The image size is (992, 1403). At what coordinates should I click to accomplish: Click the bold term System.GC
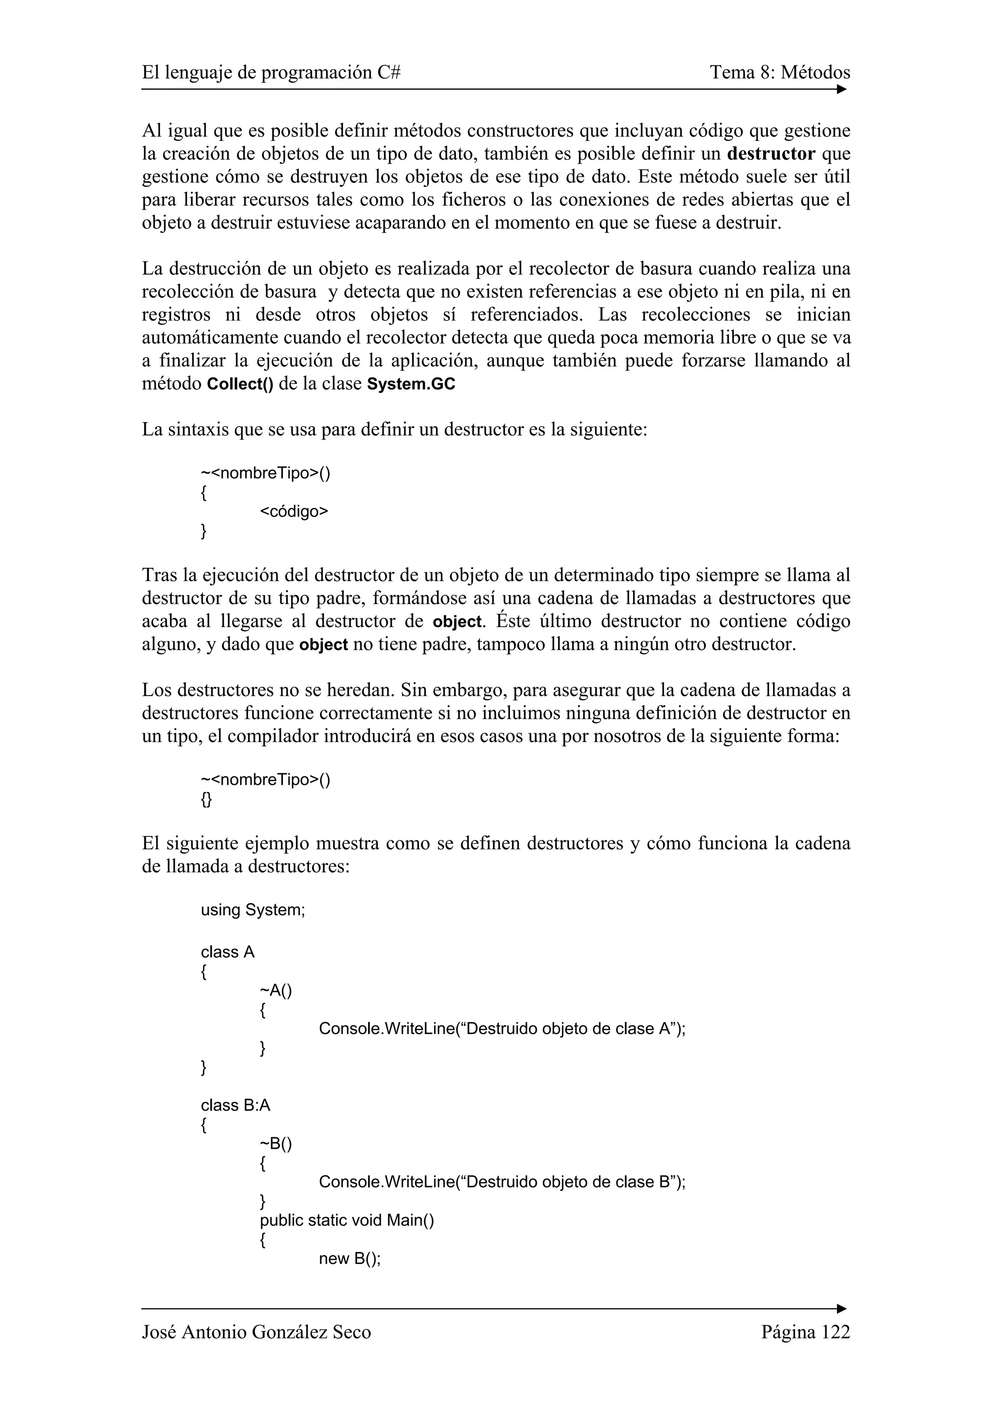[x=411, y=385]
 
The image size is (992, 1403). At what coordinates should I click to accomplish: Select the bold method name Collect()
[x=240, y=385]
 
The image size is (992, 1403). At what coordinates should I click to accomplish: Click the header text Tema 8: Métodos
[x=779, y=73]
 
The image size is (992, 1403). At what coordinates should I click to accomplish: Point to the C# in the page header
[x=389, y=73]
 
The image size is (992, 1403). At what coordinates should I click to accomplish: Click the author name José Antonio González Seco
[x=256, y=1332]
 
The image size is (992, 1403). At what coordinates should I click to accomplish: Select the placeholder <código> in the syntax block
[x=294, y=511]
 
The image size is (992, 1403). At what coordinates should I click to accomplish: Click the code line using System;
[x=252, y=927]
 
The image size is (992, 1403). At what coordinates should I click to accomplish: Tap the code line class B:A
[x=235, y=1105]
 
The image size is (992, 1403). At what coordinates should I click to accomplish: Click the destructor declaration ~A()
[x=276, y=990]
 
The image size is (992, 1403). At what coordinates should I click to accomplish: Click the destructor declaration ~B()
[x=276, y=1144]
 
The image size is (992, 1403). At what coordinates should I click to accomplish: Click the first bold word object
[x=457, y=622]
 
